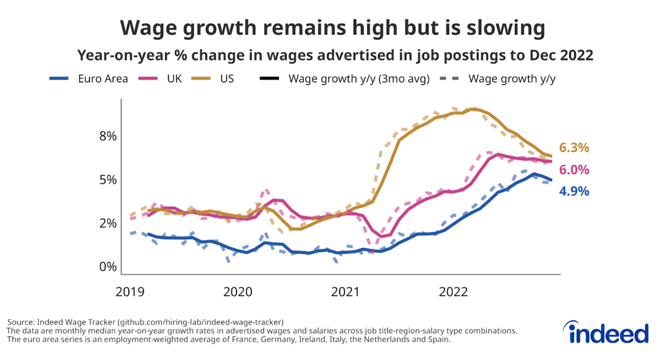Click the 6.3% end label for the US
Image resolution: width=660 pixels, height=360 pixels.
pos(574,148)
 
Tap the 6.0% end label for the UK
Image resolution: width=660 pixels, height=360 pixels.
pos(574,170)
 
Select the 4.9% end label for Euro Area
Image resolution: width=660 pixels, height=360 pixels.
pos(574,192)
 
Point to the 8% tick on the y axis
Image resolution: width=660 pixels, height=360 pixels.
pos(108,136)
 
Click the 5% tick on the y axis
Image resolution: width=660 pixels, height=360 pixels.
pos(108,180)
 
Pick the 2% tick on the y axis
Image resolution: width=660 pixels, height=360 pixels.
pos(108,223)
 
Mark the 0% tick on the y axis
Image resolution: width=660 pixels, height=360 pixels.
pos(108,267)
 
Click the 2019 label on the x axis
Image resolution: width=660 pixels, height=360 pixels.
pos(130,291)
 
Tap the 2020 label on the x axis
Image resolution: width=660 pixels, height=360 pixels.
pos(238,291)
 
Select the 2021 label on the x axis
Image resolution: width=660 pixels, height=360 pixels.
pos(345,291)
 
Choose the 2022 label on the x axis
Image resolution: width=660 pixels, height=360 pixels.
pos(453,291)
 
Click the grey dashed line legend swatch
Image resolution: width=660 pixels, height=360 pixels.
pos(450,79)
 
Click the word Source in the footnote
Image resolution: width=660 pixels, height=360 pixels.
pos(21,322)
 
